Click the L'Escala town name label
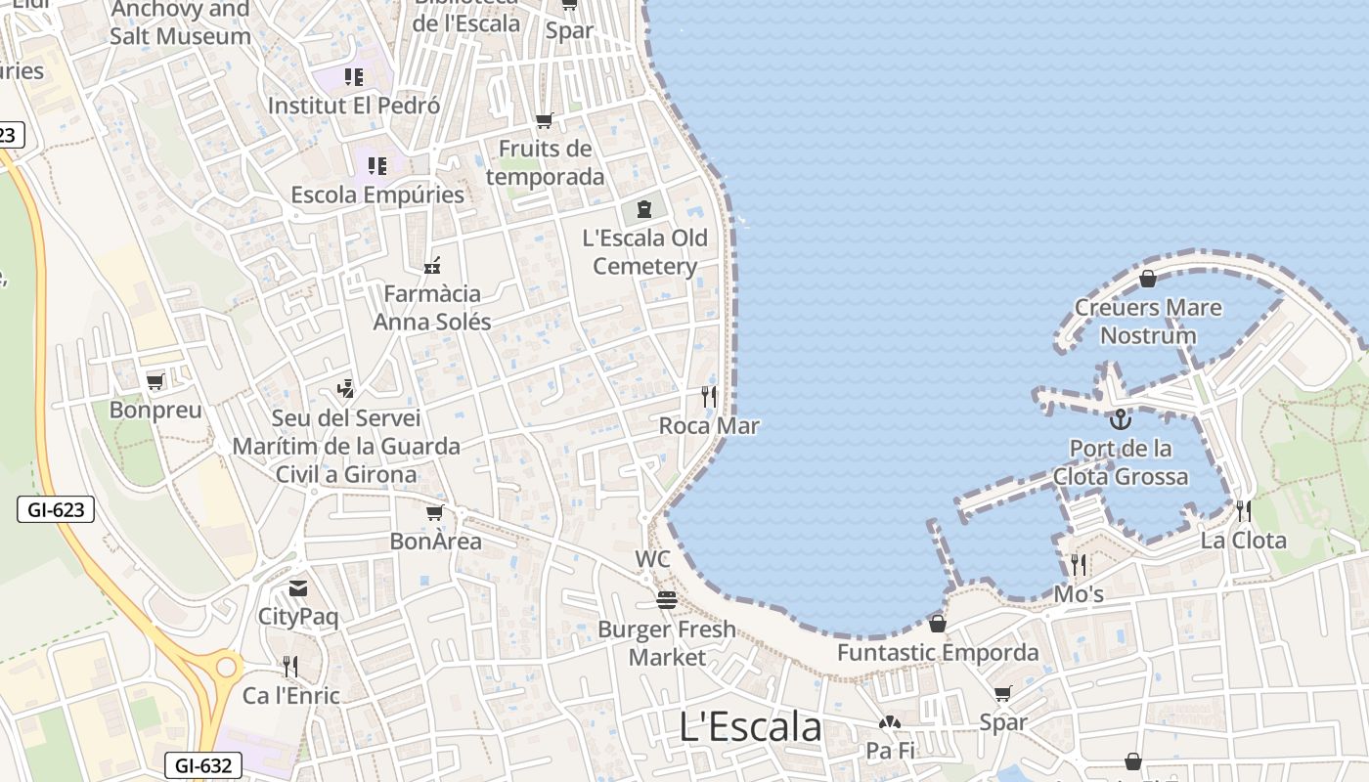[x=750, y=726]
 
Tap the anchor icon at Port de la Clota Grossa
[x=1121, y=419]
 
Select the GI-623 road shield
[x=56, y=508]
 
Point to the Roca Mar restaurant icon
[x=709, y=396]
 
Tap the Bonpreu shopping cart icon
[x=155, y=381]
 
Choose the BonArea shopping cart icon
[x=435, y=512]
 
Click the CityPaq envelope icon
[x=297, y=588]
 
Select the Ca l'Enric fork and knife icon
[x=290, y=667]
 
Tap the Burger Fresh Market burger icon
[x=667, y=600]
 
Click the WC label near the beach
[x=652, y=559]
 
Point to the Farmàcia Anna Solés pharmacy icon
[x=432, y=266]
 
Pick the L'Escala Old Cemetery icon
[x=643, y=208]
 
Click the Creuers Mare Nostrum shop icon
[x=1147, y=280]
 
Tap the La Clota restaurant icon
[x=1243, y=510]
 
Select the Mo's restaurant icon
[x=1079, y=565]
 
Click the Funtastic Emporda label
[x=938, y=652]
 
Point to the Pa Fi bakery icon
[x=889, y=723]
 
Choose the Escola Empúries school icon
[x=377, y=166]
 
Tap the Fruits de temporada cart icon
[x=545, y=121]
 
